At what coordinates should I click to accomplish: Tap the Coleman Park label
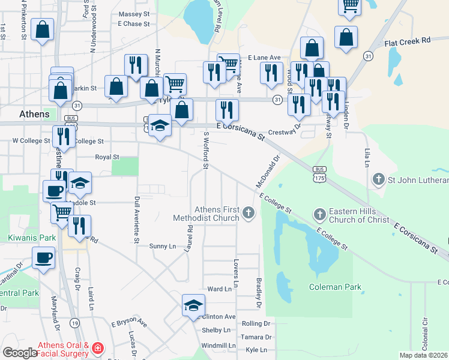click(x=335, y=287)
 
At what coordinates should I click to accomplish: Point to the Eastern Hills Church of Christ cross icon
click(x=319, y=214)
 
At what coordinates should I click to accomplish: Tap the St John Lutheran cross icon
click(x=378, y=179)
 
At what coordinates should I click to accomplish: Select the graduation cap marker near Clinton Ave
click(x=193, y=305)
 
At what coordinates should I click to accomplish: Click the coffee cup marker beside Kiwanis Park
click(x=44, y=258)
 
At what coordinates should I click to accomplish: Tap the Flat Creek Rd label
click(x=408, y=40)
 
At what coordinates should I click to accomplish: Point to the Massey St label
click(x=134, y=13)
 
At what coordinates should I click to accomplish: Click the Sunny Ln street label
click(x=162, y=246)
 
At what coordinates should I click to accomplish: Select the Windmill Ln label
click(x=218, y=346)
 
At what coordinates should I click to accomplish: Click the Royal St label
click(x=107, y=157)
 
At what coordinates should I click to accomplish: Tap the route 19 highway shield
click(x=74, y=323)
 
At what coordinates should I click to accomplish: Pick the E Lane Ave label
click(x=264, y=58)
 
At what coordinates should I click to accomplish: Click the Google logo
click(x=20, y=353)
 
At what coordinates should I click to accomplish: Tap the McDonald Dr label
click(x=268, y=170)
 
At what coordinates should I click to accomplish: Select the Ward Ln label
click(x=218, y=289)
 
